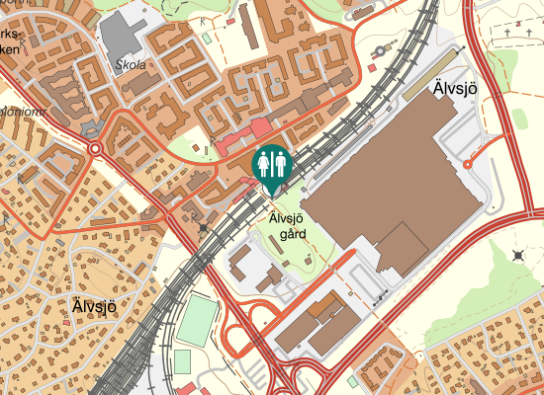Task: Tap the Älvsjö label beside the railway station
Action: (x=455, y=90)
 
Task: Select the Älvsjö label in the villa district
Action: (x=94, y=305)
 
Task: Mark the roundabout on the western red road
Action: (x=96, y=150)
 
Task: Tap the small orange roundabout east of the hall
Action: (x=467, y=164)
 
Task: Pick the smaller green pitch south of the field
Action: (x=183, y=362)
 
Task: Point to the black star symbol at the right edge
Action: (x=518, y=256)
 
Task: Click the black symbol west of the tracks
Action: (x=204, y=227)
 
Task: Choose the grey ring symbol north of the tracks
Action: (x=380, y=50)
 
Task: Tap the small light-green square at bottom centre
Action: (x=353, y=380)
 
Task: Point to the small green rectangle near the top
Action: (x=207, y=38)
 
